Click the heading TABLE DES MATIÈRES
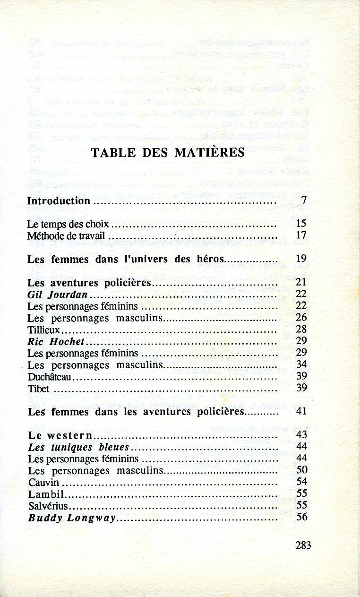coord(168,153)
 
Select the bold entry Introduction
coord(59,200)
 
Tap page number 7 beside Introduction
coord(304,200)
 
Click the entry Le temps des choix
coord(68,224)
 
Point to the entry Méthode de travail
coord(66,235)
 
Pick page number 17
coord(301,235)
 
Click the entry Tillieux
coord(44,329)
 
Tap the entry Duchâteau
coord(50,377)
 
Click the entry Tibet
coord(39,389)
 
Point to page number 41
coord(301,411)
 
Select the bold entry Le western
coord(60,435)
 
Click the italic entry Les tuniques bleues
coord(78,447)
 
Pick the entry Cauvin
coord(44,482)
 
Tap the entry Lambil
coord(45,494)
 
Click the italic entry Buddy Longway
coord(72,518)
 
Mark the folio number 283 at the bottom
coord(303,545)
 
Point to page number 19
coord(301,259)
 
